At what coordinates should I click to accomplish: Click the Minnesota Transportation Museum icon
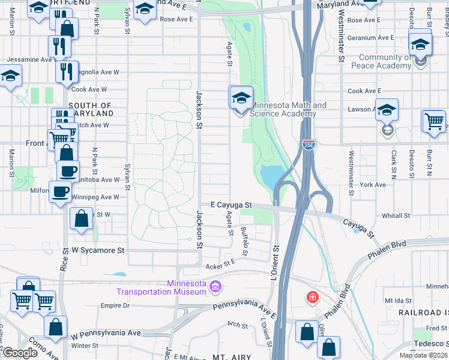point(215,289)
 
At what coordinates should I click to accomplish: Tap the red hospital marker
point(312,297)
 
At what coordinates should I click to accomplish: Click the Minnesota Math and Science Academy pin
point(241,98)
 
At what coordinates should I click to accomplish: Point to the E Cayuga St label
point(231,205)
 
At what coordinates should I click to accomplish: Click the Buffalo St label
point(244,239)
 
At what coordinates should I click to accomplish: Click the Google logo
point(20,353)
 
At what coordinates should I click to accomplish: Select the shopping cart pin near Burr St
point(433,121)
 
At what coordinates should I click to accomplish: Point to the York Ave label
point(373,185)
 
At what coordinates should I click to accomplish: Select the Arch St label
point(237,325)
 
